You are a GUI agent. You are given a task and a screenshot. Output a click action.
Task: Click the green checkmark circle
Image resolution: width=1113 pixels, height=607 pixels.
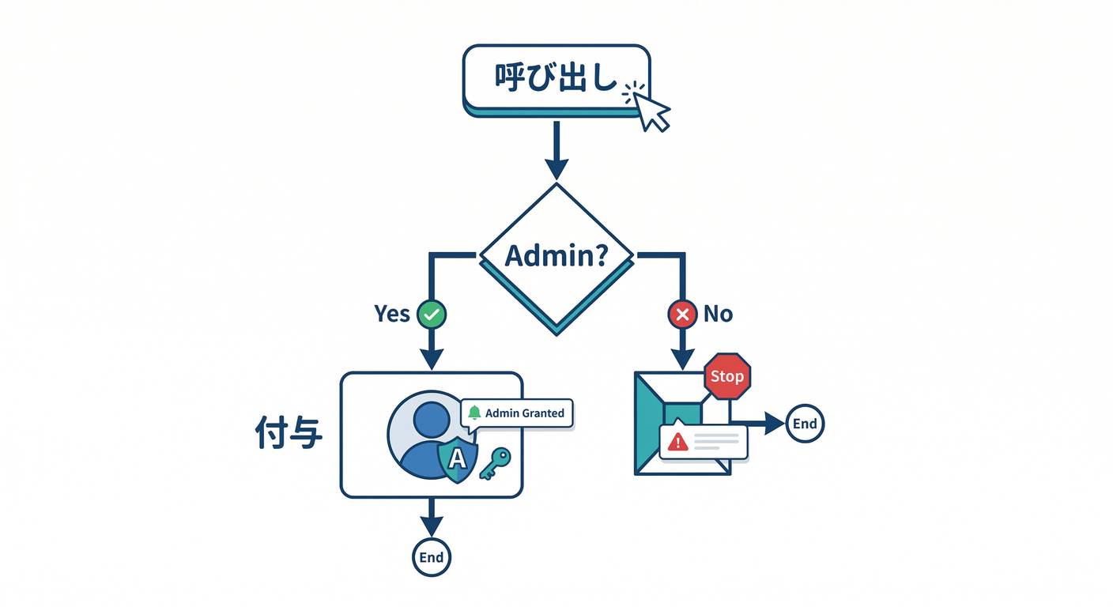pyautogui.click(x=432, y=314)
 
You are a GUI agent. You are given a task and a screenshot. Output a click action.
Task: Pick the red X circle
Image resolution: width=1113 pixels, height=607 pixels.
pyautogui.click(x=681, y=314)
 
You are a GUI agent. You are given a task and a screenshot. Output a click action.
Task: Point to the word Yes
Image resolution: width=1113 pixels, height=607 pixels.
pyautogui.click(x=392, y=314)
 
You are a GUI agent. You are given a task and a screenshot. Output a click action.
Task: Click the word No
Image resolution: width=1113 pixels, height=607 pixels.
pyautogui.click(x=718, y=314)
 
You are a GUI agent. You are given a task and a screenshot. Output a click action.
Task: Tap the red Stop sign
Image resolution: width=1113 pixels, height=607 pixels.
pyautogui.click(x=726, y=376)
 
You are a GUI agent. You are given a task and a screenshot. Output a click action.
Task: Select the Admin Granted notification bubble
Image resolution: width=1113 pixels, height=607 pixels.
pyautogui.click(x=517, y=413)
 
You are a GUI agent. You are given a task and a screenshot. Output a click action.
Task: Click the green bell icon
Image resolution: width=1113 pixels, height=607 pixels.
pyautogui.click(x=474, y=413)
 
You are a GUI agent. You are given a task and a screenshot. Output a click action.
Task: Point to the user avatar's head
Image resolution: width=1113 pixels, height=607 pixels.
pyautogui.click(x=431, y=419)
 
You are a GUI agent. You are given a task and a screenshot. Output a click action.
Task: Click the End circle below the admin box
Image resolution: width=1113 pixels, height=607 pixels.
pyautogui.click(x=432, y=557)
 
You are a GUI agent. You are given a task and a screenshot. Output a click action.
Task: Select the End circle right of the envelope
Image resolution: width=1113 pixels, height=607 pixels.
pyautogui.click(x=805, y=424)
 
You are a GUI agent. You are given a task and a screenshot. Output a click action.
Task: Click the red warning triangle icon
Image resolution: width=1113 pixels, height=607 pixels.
pyautogui.click(x=677, y=442)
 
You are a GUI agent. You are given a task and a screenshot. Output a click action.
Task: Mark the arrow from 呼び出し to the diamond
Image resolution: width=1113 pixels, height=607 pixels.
pyautogui.click(x=556, y=150)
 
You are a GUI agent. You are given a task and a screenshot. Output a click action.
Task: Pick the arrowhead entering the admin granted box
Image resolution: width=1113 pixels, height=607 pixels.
pyautogui.click(x=432, y=360)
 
